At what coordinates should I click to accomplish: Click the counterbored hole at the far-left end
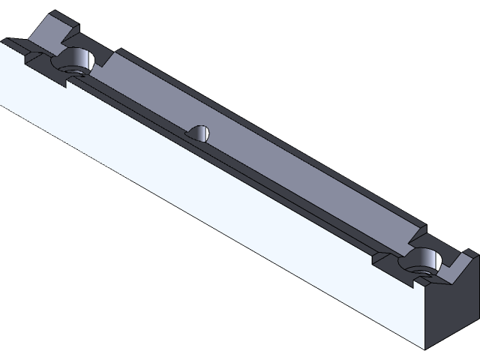click(75, 62)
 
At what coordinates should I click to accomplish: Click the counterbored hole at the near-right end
click(423, 262)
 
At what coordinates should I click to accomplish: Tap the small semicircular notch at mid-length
click(200, 133)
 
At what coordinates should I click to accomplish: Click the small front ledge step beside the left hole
click(34, 55)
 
